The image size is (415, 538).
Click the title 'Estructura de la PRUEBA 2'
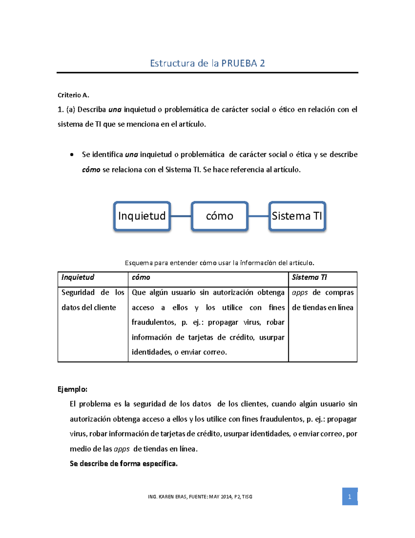tap(207, 63)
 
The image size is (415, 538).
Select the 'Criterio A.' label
tap(73, 95)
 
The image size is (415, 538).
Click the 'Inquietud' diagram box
tap(142, 216)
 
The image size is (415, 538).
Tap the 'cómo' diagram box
tap(220, 216)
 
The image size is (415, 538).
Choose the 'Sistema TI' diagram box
tap(297, 216)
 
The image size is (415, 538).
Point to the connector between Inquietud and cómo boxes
tap(181, 216)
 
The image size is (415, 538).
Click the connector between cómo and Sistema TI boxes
tap(258, 216)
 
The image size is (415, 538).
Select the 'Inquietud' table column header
tap(78, 277)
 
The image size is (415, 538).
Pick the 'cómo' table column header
tap(141, 277)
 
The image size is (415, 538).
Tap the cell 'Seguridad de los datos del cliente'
tap(93, 300)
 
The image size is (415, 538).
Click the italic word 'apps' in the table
tap(300, 293)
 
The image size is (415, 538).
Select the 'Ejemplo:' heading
tap(72, 389)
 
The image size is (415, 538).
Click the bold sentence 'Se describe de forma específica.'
tap(123, 464)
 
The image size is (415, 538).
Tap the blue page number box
tap(350, 496)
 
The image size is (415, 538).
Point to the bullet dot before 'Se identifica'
tap(72, 155)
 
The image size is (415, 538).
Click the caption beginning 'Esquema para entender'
tap(219, 263)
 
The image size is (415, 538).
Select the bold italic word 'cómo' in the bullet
tap(91, 170)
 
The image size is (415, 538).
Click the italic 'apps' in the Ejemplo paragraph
tap(121, 449)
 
